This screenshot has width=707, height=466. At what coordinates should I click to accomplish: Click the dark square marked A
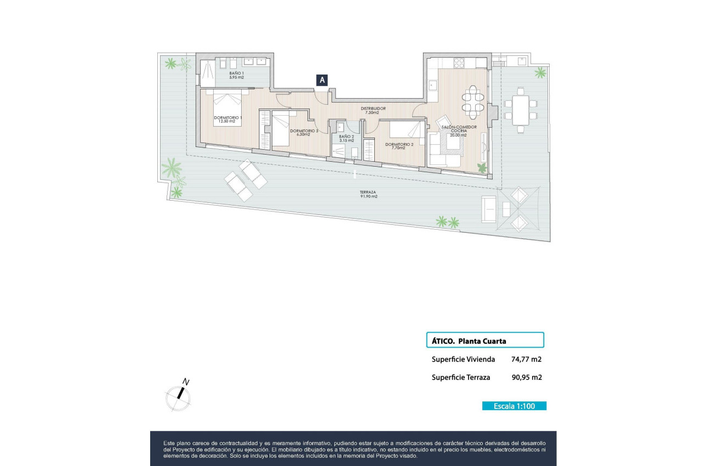point(322,80)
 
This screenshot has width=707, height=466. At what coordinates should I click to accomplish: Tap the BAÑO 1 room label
point(237,75)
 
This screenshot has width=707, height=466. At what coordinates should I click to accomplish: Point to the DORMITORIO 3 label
point(303,132)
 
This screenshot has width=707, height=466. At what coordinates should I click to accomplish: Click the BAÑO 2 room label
point(346,138)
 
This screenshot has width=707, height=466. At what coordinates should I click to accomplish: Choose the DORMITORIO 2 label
point(398,146)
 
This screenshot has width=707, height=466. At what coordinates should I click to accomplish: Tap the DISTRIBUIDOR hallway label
point(373,110)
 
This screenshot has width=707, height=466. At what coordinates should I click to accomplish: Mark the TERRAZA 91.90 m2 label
point(368,194)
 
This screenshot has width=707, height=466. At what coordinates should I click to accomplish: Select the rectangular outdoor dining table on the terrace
point(521,108)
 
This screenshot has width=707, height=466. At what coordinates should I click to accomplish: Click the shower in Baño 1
point(207,72)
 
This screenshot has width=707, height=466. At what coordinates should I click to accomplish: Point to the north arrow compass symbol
point(179,395)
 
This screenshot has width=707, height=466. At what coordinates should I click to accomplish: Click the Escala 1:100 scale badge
point(514,406)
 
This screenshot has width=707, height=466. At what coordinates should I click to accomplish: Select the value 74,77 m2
point(526,360)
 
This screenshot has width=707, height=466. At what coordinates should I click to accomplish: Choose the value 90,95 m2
point(526,377)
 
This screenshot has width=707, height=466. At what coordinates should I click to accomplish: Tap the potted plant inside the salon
point(482,168)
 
